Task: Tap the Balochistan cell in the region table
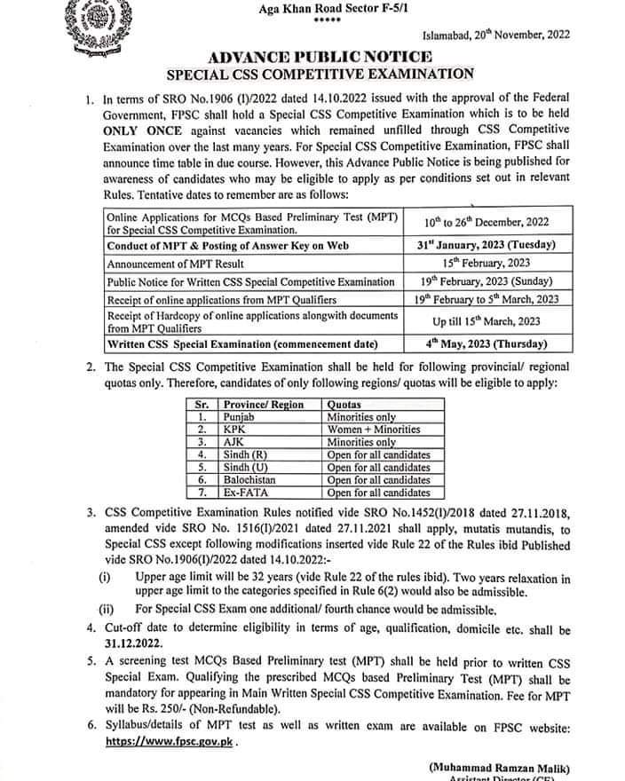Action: [252, 480]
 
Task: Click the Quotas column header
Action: [346, 404]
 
